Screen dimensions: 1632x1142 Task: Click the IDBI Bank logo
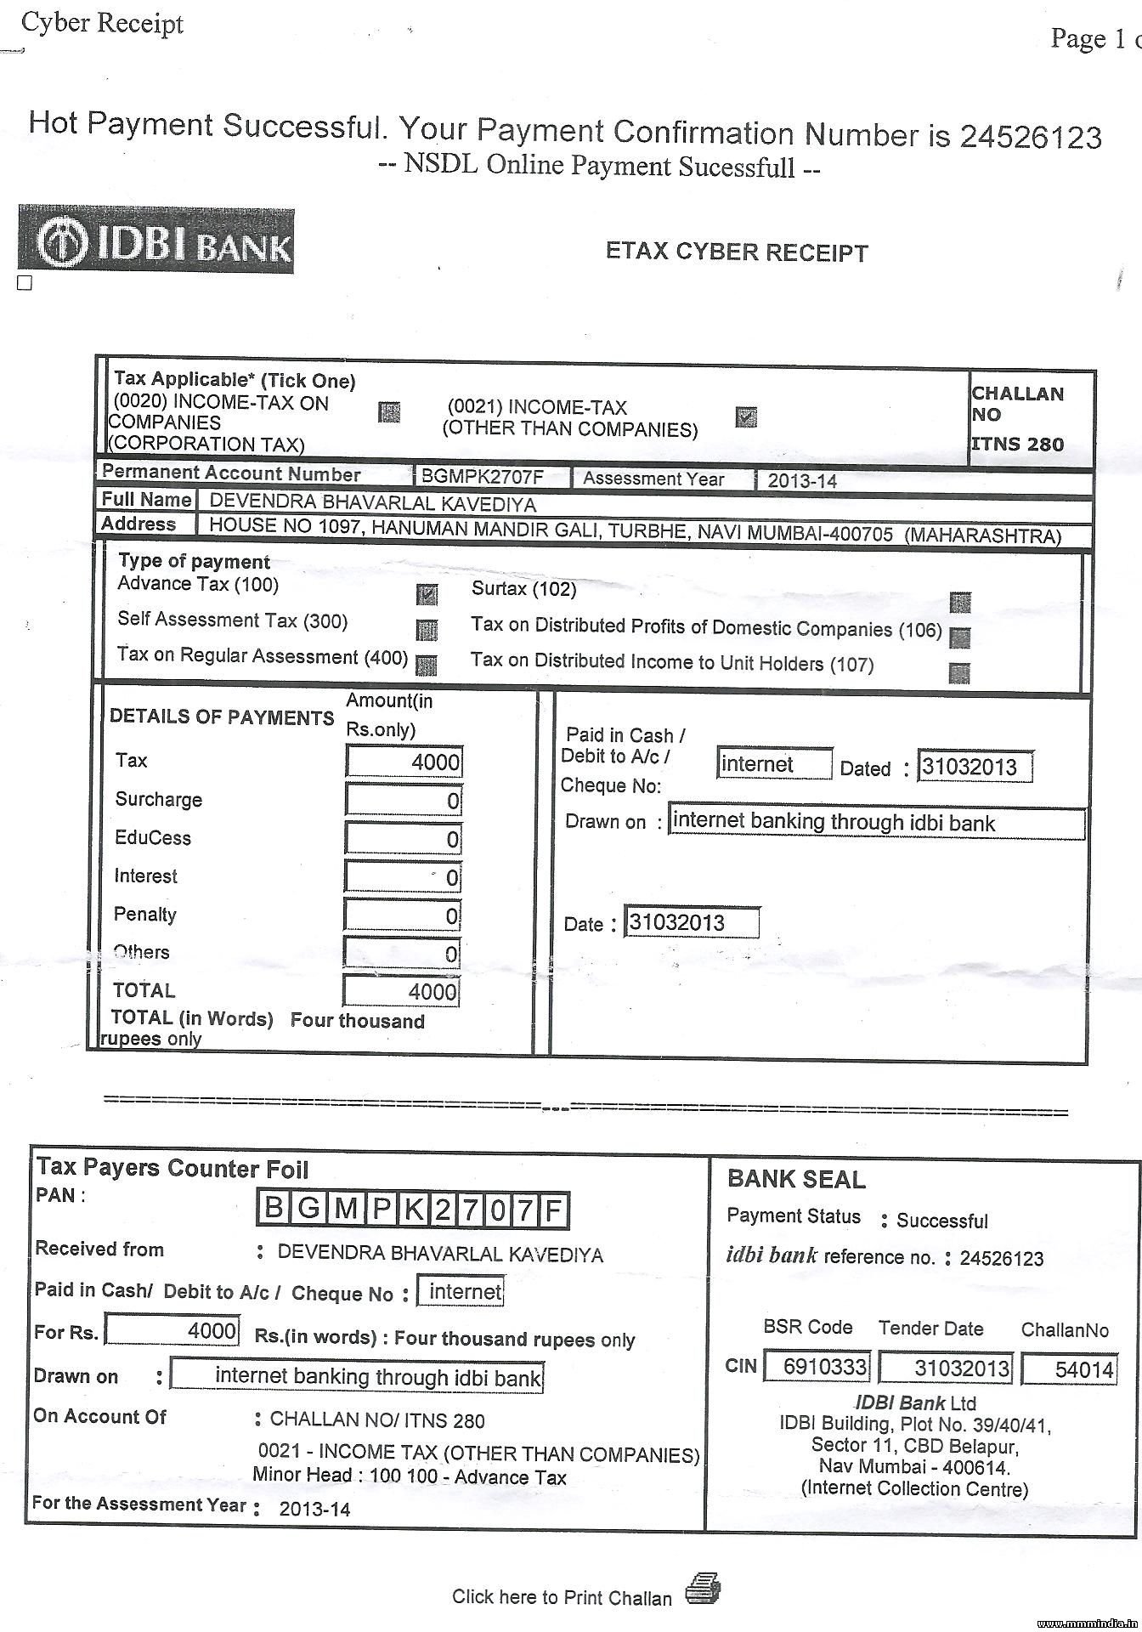tap(156, 240)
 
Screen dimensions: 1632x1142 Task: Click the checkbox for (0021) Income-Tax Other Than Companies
tap(746, 416)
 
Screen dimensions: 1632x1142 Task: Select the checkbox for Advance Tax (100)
tap(427, 594)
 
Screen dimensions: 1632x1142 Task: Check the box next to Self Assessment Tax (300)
tap(427, 630)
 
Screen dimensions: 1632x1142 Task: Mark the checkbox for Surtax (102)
tap(960, 603)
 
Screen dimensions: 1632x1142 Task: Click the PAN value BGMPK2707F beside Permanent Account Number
tap(483, 476)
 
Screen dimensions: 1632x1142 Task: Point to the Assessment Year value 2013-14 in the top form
tap(802, 481)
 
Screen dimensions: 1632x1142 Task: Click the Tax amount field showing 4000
tap(404, 762)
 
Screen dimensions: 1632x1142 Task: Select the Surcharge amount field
tap(404, 801)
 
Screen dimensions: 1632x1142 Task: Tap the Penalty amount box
tap(403, 915)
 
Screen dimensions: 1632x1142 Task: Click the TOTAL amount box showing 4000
tap(402, 991)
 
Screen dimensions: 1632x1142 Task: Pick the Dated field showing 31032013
tap(975, 767)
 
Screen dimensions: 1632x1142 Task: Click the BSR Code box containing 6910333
tap(817, 1367)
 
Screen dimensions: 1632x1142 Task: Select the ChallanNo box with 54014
tap(1069, 1368)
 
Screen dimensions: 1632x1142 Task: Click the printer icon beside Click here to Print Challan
tap(703, 1587)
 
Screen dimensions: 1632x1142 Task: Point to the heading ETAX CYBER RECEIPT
tap(737, 252)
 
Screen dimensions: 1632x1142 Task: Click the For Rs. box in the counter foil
tap(172, 1330)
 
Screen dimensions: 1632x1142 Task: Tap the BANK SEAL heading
tap(796, 1179)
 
